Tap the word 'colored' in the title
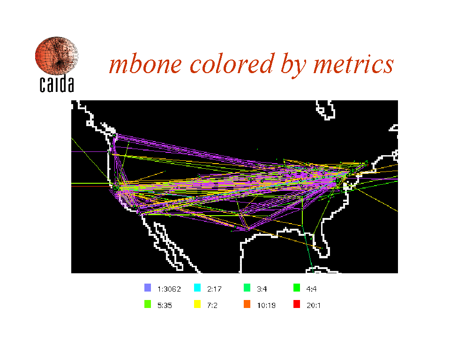coord(232,64)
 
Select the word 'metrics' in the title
coord(353,64)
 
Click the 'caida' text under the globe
coord(57,84)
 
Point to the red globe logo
coord(57,55)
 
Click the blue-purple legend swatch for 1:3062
coord(148,288)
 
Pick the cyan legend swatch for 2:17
coord(197,288)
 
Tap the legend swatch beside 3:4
coord(247,288)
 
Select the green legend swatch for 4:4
coord(297,288)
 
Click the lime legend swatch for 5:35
coord(148,304)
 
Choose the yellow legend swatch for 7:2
coord(197,304)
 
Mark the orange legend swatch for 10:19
coord(247,304)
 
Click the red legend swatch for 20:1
coord(297,304)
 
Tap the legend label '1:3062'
coord(169,289)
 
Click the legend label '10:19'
coord(266,305)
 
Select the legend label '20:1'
coord(314,305)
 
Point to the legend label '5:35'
coord(165,305)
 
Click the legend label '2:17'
coord(214,289)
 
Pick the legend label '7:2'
coord(212,305)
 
